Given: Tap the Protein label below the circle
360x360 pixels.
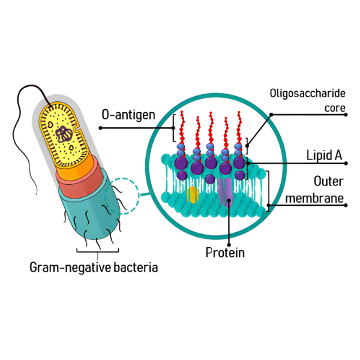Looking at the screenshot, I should (x=225, y=253).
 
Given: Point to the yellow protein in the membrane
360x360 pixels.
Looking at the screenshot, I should (x=192, y=194).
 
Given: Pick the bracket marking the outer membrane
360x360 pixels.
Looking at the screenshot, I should (x=268, y=188).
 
